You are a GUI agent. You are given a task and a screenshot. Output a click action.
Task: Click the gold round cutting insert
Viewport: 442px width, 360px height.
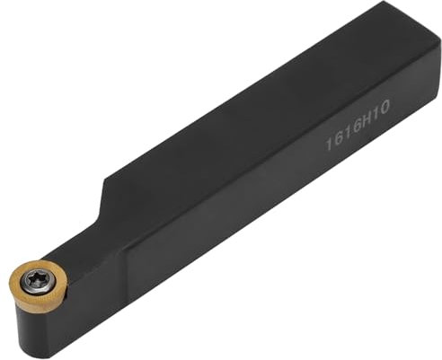pos(38,285)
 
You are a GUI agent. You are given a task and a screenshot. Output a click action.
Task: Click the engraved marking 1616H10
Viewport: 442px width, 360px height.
pos(358,125)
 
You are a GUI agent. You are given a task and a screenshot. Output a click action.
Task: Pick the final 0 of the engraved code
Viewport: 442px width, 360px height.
pos(384,108)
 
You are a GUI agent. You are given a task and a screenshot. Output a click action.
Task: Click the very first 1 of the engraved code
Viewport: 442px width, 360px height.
pos(330,143)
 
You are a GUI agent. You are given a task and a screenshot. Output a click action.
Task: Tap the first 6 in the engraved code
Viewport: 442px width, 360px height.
pos(338,137)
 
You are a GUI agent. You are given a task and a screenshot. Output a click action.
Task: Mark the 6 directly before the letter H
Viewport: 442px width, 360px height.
pos(355,127)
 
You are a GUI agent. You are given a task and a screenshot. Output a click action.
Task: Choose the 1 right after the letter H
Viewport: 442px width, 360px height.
pos(375,114)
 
